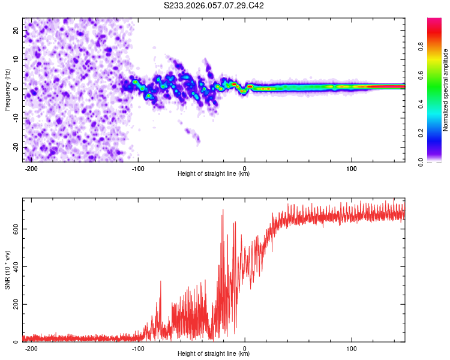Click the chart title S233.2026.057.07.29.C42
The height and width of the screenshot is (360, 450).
pos(214,5)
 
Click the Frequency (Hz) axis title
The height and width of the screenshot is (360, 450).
pos(7,89)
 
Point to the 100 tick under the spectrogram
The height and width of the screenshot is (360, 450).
pos(352,169)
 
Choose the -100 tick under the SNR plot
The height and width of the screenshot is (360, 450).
pos(138,349)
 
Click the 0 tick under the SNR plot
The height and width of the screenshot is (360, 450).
pos(245,349)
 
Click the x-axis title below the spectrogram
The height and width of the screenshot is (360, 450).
pos(214,175)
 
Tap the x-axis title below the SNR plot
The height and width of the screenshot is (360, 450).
pos(214,355)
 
